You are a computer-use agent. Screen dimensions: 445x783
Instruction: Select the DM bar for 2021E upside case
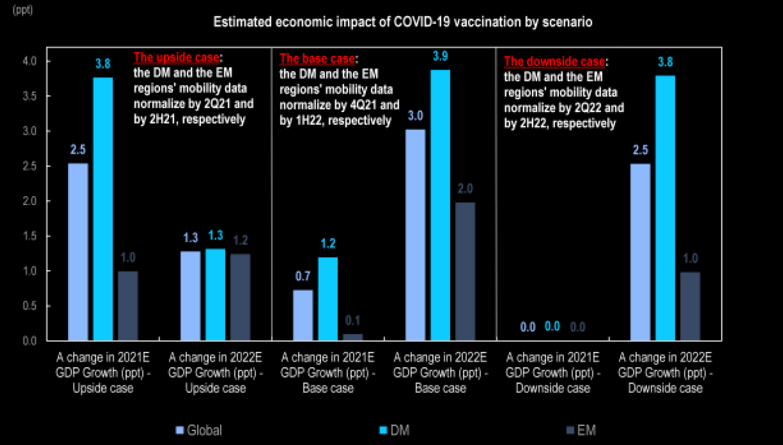[x=103, y=209]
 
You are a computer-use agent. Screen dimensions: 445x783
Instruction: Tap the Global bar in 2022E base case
[x=415, y=234]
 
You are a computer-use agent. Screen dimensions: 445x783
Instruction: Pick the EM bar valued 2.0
[x=465, y=271]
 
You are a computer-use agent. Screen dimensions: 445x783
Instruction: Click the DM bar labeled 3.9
[x=440, y=204]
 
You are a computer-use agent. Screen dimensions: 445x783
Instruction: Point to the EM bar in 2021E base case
[x=352, y=337]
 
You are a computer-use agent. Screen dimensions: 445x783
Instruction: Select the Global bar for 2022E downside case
[x=640, y=252]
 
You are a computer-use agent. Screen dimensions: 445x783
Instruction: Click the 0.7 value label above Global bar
[x=303, y=276]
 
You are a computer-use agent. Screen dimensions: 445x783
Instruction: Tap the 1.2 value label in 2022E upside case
[x=240, y=241]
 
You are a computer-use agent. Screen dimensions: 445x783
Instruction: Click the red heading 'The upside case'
[x=177, y=58]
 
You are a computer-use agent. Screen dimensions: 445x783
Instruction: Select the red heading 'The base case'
[x=317, y=58]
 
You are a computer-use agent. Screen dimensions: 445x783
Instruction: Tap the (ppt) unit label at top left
[x=13, y=9]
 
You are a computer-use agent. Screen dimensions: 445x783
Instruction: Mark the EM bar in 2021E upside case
[x=128, y=306]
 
